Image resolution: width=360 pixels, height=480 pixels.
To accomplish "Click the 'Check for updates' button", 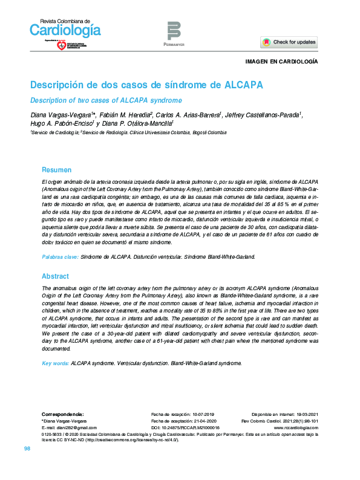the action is pos(289,42).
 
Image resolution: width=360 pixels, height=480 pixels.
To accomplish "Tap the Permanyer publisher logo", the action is pos(174,33).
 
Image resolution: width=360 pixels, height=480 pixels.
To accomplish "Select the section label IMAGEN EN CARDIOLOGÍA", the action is pos(281,62).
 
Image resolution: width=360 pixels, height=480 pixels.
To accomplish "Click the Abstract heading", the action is pos(55,276).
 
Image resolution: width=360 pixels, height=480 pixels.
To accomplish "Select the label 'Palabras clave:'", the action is pos(60,257).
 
